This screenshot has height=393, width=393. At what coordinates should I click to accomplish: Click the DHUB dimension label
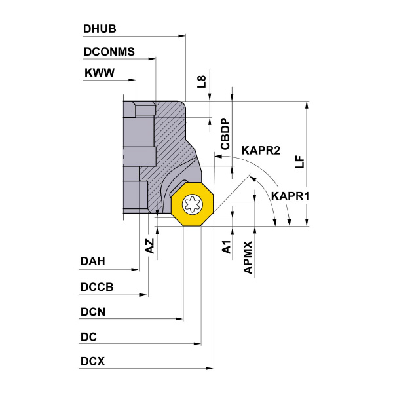(x=99, y=29)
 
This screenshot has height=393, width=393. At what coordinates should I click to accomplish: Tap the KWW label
(x=100, y=73)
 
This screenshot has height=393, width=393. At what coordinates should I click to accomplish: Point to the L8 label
(x=202, y=82)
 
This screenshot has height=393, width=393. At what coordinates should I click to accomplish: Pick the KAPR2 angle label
(x=261, y=151)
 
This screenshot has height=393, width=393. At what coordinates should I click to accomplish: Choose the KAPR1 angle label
(x=290, y=195)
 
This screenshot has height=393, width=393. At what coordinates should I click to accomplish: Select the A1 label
(x=225, y=246)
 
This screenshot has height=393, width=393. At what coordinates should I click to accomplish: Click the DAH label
(x=92, y=261)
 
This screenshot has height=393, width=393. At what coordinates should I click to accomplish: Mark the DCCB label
(x=97, y=287)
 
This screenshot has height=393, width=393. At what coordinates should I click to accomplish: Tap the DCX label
(x=92, y=361)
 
